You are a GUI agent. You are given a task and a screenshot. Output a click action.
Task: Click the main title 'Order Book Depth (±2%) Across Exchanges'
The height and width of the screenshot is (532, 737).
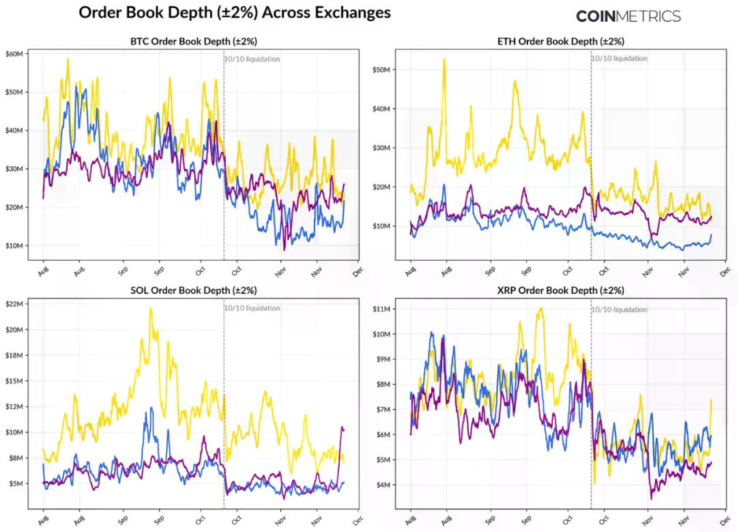[x=235, y=12]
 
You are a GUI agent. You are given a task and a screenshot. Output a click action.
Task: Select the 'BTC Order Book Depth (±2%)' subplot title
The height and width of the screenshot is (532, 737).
[x=193, y=42]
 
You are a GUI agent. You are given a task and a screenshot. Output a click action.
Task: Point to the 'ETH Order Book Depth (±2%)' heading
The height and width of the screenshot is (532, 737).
[x=560, y=42]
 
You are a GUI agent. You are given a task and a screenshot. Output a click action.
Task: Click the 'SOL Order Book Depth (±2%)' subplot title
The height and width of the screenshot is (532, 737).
[x=193, y=291]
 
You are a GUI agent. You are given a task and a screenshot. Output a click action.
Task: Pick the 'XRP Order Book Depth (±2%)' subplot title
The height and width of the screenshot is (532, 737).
[x=560, y=291]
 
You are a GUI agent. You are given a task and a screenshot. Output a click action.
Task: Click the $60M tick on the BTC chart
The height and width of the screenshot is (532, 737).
[x=15, y=53]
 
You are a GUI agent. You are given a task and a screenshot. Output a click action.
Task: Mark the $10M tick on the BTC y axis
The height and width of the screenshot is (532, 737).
[x=15, y=246]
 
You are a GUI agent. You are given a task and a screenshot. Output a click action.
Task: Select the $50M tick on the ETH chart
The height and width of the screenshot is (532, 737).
[x=381, y=70]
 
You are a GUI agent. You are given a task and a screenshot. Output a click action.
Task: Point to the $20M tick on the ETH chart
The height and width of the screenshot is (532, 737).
[x=381, y=187]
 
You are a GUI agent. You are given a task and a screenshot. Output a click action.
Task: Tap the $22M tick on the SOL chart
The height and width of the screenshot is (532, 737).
[x=15, y=304]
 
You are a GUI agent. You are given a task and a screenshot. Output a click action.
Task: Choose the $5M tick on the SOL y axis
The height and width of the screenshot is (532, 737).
[x=16, y=484]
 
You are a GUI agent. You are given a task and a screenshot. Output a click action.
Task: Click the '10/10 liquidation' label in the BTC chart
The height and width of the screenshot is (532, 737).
[x=252, y=59]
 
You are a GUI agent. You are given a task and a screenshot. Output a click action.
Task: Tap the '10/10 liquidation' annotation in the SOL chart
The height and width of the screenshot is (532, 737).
[x=252, y=308]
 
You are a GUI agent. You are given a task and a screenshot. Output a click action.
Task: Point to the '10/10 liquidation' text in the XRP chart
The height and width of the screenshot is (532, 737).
[x=620, y=310]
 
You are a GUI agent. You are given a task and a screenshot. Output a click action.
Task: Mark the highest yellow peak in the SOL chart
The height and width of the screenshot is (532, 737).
[x=150, y=308]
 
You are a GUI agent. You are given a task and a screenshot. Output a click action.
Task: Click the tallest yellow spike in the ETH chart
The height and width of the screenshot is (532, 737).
[x=444, y=59]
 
